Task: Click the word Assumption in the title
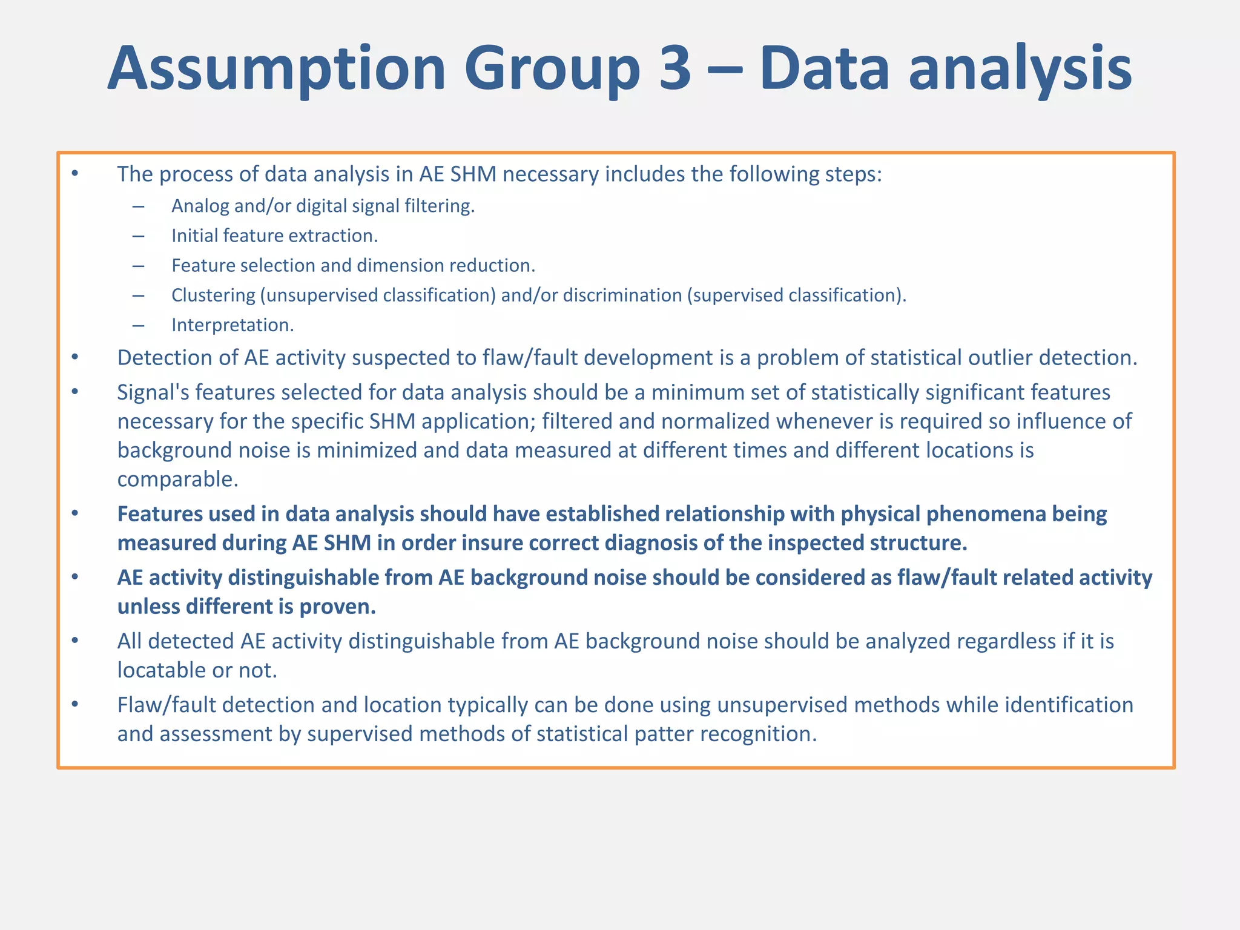click(x=277, y=68)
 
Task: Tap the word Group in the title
click(x=553, y=68)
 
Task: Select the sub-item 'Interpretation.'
click(x=232, y=325)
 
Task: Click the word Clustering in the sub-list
click(x=213, y=295)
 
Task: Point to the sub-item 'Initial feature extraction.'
click(x=274, y=236)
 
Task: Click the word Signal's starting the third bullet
click(x=153, y=392)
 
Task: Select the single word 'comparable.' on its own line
click(x=177, y=480)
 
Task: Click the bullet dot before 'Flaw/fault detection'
click(x=75, y=704)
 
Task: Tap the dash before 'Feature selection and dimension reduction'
click(x=139, y=266)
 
